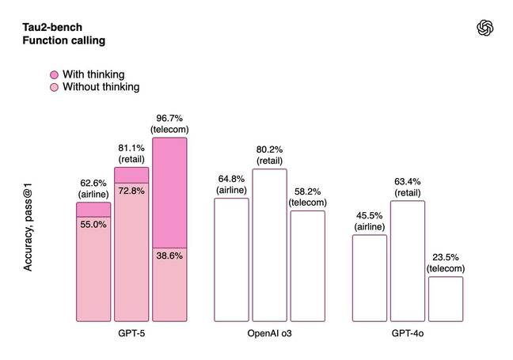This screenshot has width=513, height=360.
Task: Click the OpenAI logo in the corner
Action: (x=484, y=28)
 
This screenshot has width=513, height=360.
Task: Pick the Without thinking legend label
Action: (x=101, y=87)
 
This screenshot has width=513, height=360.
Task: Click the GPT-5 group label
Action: (x=131, y=335)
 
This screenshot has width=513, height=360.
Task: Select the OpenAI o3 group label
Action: (x=269, y=335)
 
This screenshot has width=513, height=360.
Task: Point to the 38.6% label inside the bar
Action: (x=169, y=256)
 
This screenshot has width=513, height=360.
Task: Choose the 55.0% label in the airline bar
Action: (x=93, y=225)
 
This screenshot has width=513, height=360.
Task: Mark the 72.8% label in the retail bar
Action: (x=131, y=191)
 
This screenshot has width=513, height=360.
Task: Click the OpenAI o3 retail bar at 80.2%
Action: (x=269, y=245)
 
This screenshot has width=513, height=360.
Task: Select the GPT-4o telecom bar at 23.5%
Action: (x=446, y=298)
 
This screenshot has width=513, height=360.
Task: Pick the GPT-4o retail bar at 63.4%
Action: (x=408, y=261)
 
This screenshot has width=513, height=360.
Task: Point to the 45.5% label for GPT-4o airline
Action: (x=370, y=216)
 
